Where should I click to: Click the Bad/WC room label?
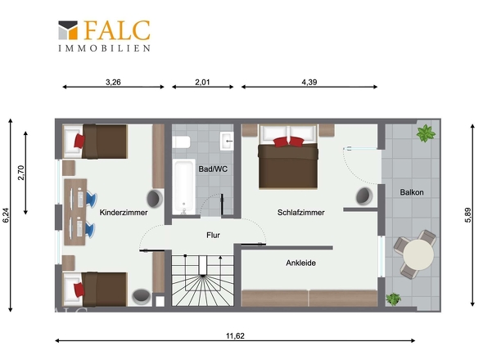[213, 169]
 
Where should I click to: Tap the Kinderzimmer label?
[124, 213]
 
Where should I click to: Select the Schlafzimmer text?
[301, 213]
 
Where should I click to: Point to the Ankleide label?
[301, 263]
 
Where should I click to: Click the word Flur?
[213, 236]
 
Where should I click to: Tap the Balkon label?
[412, 192]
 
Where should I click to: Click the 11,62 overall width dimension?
[235, 335]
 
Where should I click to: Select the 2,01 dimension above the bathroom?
[202, 82]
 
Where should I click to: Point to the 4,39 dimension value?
[309, 82]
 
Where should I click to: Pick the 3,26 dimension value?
[113, 82]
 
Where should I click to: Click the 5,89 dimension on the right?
[467, 215]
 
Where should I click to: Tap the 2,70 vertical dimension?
[21, 173]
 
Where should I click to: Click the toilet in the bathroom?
[181, 142]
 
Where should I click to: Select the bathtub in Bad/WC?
[183, 187]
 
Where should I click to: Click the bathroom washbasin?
[227, 141]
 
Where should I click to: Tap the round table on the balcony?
[418, 254]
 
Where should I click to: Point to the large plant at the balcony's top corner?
[426, 133]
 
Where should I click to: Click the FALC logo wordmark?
[117, 30]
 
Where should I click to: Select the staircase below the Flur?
[202, 281]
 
